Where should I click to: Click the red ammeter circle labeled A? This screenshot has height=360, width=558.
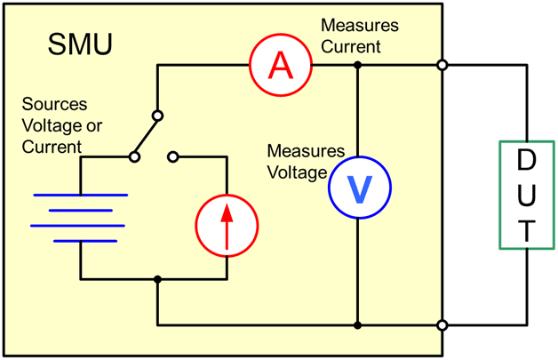[x=280, y=64]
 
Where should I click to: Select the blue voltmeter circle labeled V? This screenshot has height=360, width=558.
[x=357, y=188]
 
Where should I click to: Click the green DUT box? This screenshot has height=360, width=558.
[x=526, y=195]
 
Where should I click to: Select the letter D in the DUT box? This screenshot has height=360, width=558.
[x=526, y=162]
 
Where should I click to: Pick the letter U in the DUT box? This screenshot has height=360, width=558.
[x=526, y=196]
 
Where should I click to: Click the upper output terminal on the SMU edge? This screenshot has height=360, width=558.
[x=442, y=65]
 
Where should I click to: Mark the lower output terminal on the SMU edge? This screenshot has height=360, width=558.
[x=442, y=324]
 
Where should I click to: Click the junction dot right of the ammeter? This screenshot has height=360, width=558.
[x=357, y=65]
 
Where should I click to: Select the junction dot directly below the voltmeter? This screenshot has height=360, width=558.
[x=357, y=324]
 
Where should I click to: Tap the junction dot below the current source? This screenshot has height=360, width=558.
[x=157, y=280]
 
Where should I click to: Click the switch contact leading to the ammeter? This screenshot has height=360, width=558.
[x=157, y=115]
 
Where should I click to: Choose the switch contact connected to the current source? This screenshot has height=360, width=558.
[x=173, y=157]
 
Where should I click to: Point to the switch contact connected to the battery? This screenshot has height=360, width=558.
[x=133, y=157]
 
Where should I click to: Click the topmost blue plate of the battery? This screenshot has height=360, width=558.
[x=80, y=195]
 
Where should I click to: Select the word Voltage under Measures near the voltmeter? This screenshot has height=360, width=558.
[x=297, y=172]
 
